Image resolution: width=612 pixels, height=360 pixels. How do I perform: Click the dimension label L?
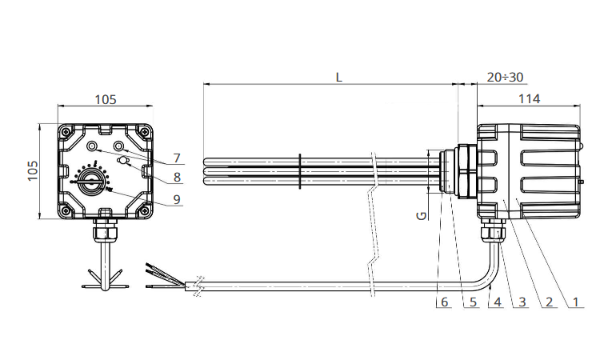point(338,77)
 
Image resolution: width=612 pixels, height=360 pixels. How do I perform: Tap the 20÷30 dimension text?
point(505,77)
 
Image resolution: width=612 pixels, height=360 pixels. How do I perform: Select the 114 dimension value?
point(529,98)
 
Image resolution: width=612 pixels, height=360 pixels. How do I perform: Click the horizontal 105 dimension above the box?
point(106,99)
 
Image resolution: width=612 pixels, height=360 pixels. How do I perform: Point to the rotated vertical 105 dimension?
point(33,170)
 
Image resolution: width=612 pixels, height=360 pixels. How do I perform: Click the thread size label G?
point(422,215)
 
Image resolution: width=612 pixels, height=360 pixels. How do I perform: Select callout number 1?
point(575,302)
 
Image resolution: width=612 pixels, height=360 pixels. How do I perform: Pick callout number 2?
point(549,302)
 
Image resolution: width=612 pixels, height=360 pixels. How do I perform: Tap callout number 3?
point(522,302)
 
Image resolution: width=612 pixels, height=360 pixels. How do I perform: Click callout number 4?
point(498,302)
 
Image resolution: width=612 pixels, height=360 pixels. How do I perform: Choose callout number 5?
point(473,302)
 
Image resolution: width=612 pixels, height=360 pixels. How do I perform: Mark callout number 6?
point(444,302)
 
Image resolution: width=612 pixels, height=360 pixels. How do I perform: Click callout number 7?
point(177,158)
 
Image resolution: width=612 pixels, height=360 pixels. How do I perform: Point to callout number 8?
point(177,178)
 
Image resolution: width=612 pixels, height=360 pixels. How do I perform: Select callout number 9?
point(177,199)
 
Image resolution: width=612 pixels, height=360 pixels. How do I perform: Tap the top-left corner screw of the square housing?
point(66,131)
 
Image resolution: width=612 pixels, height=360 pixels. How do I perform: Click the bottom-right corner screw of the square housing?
point(145,211)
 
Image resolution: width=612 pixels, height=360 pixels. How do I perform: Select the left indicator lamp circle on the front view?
point(92,146)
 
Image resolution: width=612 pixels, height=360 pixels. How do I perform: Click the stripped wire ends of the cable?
point(165,277)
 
